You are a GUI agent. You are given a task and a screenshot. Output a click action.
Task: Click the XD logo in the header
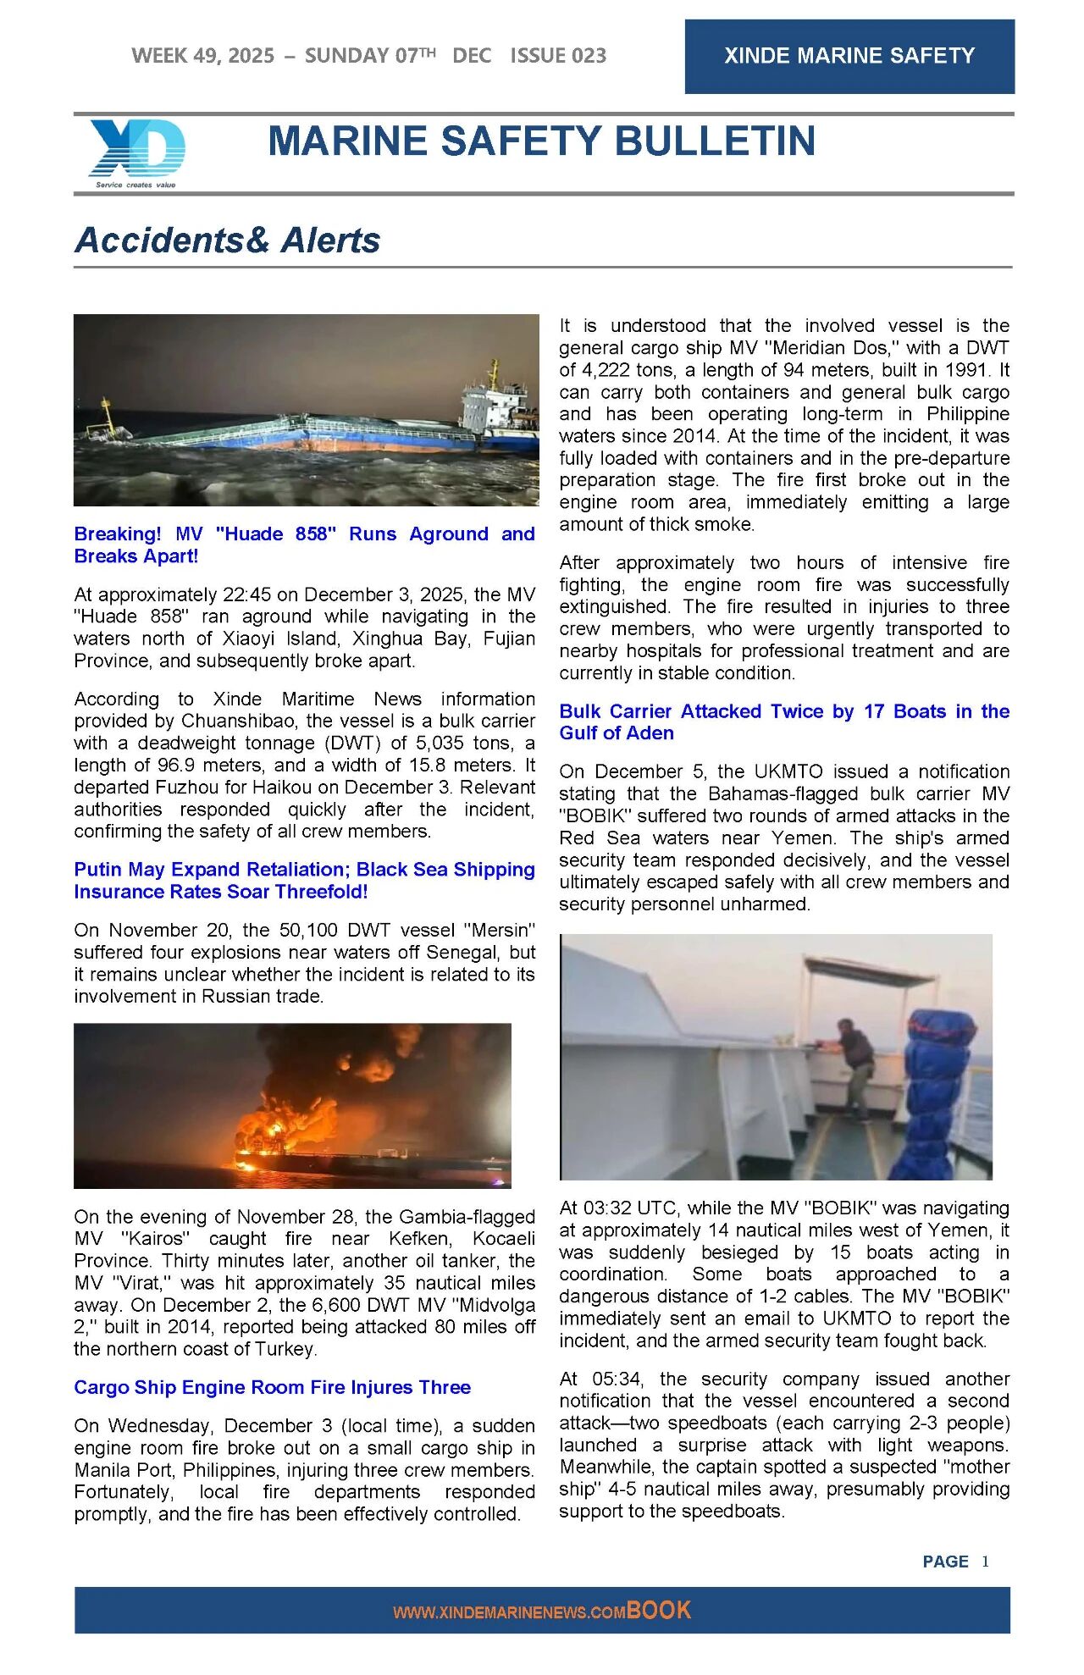click(136, 150)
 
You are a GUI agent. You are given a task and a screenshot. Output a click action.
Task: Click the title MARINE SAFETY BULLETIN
click(541, 141)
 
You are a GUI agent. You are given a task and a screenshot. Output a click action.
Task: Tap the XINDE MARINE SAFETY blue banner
click(849, 56)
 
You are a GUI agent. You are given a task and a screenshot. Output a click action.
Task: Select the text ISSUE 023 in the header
click(558, 56)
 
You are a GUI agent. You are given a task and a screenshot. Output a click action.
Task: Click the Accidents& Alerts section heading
click(227, 240)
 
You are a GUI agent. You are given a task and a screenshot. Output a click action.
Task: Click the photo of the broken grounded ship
click(306, 410)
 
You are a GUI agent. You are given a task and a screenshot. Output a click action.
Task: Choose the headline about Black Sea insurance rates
click(304, 880)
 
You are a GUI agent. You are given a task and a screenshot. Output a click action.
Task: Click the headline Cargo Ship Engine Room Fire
click(272, 1387)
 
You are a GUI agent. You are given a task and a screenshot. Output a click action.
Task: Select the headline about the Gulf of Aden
click(783, 721)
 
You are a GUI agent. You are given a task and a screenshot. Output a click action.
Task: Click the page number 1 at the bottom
click(985, 1562)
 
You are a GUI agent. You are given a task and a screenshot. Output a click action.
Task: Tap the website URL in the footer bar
click(508, 1612)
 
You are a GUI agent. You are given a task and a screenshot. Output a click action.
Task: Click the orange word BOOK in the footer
click(659, 1611)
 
